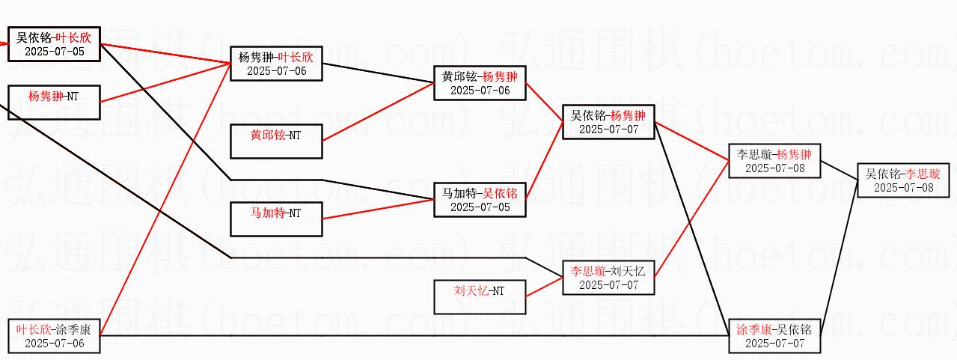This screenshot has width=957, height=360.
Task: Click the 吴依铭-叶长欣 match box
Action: coord(55,44)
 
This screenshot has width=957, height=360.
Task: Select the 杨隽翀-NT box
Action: coord(55,103)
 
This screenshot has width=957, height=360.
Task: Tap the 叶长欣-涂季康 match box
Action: coord(55,336)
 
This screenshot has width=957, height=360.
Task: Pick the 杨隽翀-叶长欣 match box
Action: coord(276,64)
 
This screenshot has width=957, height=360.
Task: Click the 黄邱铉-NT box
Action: coord(276,141)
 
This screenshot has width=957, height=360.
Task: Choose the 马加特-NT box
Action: coord(276,219)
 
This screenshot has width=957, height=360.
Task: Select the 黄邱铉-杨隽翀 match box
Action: coord(480,83)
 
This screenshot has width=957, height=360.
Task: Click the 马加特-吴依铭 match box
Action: coord(480,200)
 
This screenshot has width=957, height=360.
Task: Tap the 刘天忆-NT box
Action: coord(480,297)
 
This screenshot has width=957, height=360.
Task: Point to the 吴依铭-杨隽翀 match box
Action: coord(608,122)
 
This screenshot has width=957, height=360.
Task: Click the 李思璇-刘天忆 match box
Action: coord(608,278)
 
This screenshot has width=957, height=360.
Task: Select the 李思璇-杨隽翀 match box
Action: coord(774,161)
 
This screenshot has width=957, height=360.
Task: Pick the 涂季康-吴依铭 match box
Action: coord(774,336)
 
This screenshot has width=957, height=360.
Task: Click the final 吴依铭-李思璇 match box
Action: coord(903,180)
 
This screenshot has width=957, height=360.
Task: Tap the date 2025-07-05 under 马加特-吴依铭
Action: coord(480,207)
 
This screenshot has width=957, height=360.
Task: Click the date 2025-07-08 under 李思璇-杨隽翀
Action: coord(775,168)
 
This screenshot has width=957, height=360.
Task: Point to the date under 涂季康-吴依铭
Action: coord(775,344)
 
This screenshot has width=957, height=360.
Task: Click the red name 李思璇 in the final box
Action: coord(923,174)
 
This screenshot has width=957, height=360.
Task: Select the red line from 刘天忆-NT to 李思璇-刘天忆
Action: coord(544,287)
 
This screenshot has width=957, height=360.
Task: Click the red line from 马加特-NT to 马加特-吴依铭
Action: coord(378,210)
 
